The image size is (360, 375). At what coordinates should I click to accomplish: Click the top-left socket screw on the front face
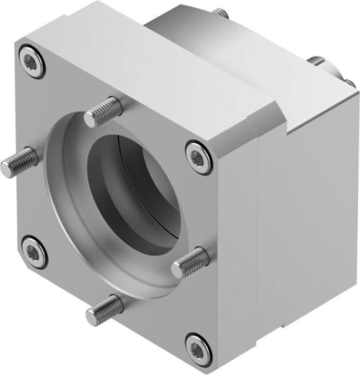[33, 61]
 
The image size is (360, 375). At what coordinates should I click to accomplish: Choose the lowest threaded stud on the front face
[104, 311]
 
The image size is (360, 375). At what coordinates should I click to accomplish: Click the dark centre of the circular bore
[135, 193]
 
